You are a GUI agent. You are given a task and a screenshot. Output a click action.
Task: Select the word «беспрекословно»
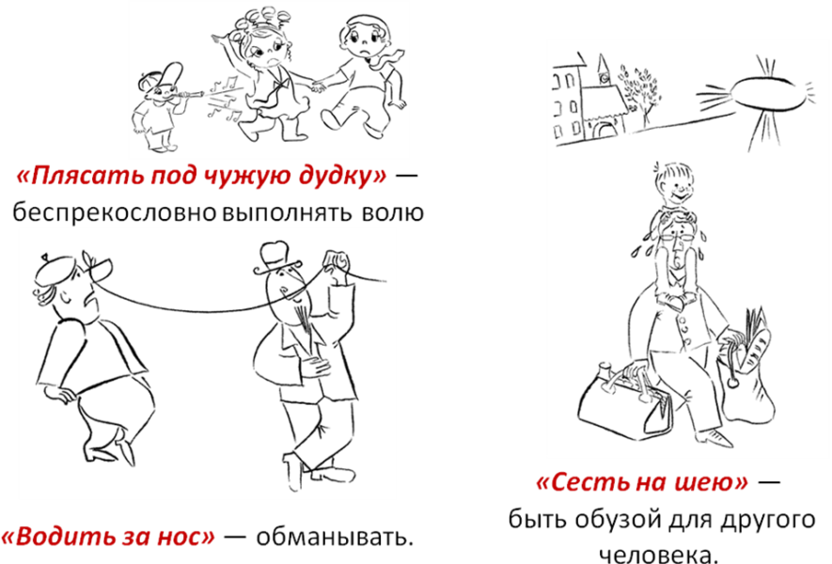tap(114, 213)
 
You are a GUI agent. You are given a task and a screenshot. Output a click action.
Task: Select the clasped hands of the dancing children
tap(319, 86)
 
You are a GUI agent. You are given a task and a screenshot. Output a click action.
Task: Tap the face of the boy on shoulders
tap(675, 186)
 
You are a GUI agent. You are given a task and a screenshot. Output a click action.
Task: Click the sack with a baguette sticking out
tap(746, 368)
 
